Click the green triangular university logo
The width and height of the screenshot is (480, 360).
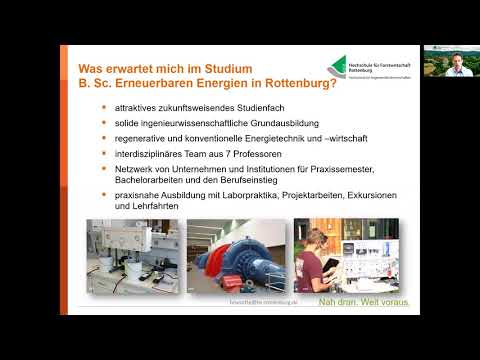[348, 65]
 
